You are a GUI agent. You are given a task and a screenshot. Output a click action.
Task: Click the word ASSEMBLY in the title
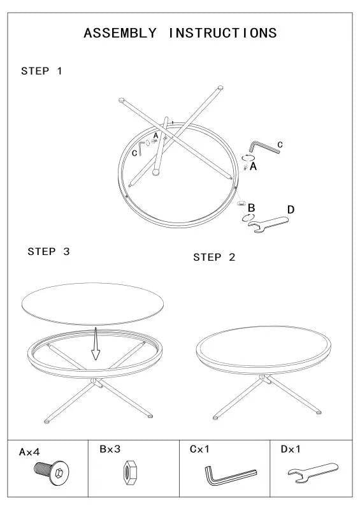pos(120,33)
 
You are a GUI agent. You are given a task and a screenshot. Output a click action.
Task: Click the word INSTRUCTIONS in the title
pos(223,33)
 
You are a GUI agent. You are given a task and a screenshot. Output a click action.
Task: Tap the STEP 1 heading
pos(41,71)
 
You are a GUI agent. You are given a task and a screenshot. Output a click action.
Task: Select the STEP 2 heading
pos(214,258)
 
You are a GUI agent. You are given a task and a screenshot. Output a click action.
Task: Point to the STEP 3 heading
pos(48,251)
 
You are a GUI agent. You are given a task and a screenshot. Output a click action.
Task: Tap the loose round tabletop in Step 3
pos(92,304)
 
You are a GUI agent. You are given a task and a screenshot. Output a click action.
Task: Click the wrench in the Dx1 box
pos(312,472)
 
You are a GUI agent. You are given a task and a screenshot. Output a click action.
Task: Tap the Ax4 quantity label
pos(29,452)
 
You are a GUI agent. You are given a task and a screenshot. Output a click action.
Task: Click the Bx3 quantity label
pos(110,449)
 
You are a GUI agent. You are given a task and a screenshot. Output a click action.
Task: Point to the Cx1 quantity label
pos(199,449)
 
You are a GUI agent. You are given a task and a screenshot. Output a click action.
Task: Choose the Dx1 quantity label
pos(291,449)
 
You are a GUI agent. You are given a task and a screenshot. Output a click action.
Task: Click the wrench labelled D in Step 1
pos(268,224)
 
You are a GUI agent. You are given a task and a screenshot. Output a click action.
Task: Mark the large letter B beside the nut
pos(251,208)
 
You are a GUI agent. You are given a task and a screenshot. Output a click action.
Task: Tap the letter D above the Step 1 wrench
pos(291,210)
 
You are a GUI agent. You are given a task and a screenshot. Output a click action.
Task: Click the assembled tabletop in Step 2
pos(263,350)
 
